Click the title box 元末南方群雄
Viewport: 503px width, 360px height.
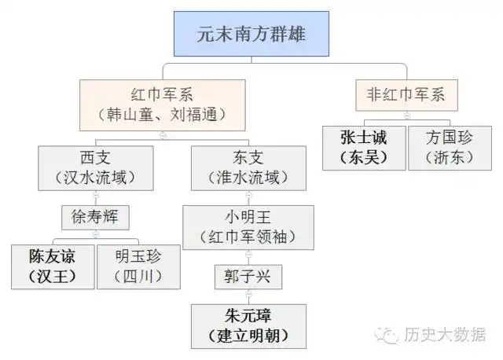point(251,33)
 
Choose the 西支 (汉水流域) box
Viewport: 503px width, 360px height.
point(96,167)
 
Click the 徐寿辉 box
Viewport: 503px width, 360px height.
point(95,215)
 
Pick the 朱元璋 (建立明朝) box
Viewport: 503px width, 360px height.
point(248,327)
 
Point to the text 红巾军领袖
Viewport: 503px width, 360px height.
point(248,237)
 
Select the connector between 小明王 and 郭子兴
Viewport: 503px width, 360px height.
point(248,257)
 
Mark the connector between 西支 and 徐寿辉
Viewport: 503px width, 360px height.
point(96,196)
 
